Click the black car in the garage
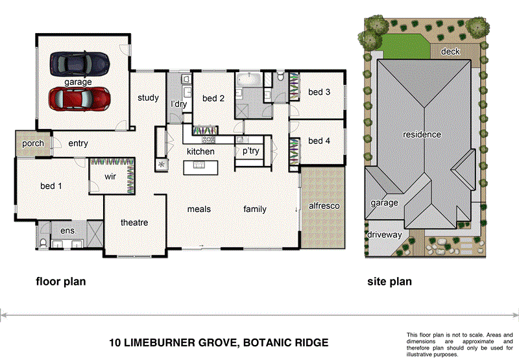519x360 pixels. [78, 64]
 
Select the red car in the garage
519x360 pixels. [78, 99]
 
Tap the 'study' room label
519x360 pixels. [148, 99]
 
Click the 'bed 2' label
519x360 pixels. [213, 99]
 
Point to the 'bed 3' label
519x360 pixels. [319, 92]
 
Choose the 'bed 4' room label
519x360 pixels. [319, 141]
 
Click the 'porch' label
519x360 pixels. [32, 143]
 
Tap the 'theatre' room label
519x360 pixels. [134, 222]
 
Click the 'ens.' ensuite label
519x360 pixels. [68, 230]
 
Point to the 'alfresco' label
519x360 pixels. [324, 206]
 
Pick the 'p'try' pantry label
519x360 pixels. [251, 151]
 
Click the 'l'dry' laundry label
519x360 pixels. [178, 104]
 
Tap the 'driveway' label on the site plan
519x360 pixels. [385, 235]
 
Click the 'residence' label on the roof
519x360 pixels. [422, 135]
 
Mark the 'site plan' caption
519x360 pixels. [389, 282]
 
